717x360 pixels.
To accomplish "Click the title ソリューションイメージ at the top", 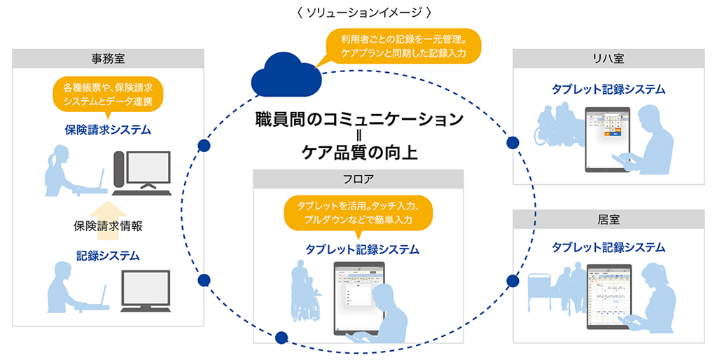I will click(358, 12).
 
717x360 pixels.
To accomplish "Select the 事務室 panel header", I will click(108, 59).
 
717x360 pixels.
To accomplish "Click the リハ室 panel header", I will click(608, 59).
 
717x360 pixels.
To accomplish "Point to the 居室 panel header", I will click(608, 219).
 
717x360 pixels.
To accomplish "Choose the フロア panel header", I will click(358, 179).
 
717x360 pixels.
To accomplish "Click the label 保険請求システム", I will click(108, 130).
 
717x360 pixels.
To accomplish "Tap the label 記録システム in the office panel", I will click(108, 256).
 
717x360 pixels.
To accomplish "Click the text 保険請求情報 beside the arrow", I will click(108, 226).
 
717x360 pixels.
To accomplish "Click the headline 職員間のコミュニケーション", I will click(358, 119).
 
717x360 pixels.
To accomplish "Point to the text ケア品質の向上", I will click(358, 152).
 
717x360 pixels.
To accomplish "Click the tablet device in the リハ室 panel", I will click(607, 138).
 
